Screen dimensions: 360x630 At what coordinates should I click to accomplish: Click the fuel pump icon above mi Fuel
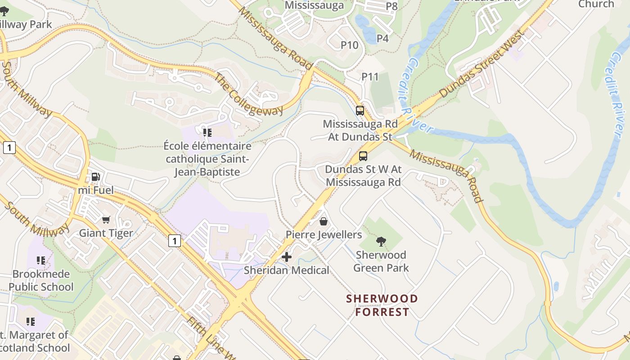(x=95, y=177)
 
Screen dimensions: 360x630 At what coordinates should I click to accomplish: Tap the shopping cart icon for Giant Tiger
(x=106, y=220)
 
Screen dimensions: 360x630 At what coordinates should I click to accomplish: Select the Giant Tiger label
(x=106, y=233)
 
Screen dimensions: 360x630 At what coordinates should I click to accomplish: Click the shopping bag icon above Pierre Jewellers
(x=323, y=221)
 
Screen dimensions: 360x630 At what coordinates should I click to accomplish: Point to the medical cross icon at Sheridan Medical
(x=286, y=257)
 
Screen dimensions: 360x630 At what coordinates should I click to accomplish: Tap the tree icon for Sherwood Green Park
(x=381, y=242)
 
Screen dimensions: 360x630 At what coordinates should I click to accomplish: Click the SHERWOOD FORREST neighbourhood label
(x=382, y=305)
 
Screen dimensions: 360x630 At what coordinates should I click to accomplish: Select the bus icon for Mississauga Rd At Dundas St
(x=360, y=110)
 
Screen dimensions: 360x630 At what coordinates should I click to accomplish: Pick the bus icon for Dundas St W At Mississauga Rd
(x=363, y=156)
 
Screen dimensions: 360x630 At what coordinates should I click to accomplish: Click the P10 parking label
(x=349, y=45)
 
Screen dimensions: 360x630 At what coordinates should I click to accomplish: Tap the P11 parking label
(x=370, y=77)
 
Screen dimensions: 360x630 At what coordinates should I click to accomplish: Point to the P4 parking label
(x=382, y=39)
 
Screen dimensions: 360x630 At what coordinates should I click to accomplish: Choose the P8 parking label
(x=391, y=6)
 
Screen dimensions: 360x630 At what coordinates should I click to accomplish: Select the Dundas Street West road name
(x=482, y=64)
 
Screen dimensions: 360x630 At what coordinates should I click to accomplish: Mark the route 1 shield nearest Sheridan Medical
(x=175, y=241)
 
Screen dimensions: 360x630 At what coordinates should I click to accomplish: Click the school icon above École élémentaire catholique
(x=207, y=132)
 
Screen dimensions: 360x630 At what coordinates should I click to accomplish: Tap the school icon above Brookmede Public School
(x=41, y=261)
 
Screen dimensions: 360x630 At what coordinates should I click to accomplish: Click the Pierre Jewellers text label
(x=324, y=235)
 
